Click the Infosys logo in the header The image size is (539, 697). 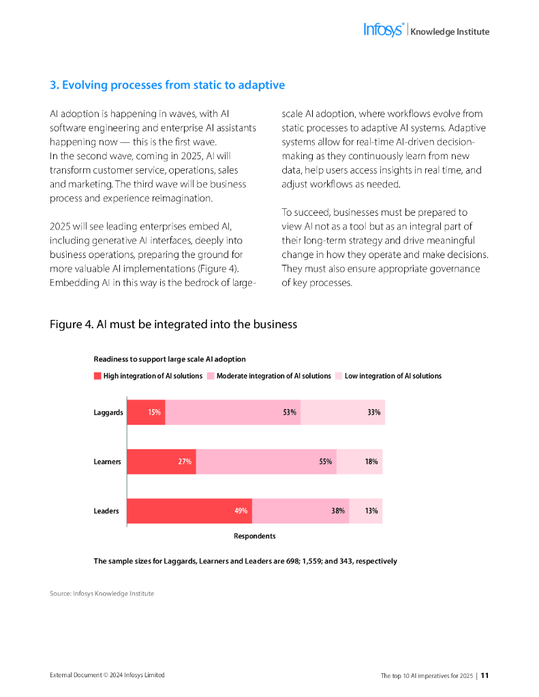coord(384,30)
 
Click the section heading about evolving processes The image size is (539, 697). coord(167,85)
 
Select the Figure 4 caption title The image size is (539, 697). coord(173,325)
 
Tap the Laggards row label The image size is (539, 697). coord(108,412)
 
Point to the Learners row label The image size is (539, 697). coord(107,461)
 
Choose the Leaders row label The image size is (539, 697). coord(107,510)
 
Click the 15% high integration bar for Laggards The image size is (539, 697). coord(147,412)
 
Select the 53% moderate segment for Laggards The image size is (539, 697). coord(233,412)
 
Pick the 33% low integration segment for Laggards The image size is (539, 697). coord(343,412)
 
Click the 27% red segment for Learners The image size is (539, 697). coord(161,461)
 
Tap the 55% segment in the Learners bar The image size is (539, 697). coord(266,461)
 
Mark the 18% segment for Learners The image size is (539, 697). coord(360,461)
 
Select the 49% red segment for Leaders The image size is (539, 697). coord(189,510)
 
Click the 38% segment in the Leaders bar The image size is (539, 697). coord(301,510)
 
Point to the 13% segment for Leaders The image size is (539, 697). coord(366,510)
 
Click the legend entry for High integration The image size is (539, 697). coord(149,376)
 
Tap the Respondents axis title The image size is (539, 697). coord(255,536)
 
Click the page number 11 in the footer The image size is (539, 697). coord(485,675)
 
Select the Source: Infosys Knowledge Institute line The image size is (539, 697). coord(102,594)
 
